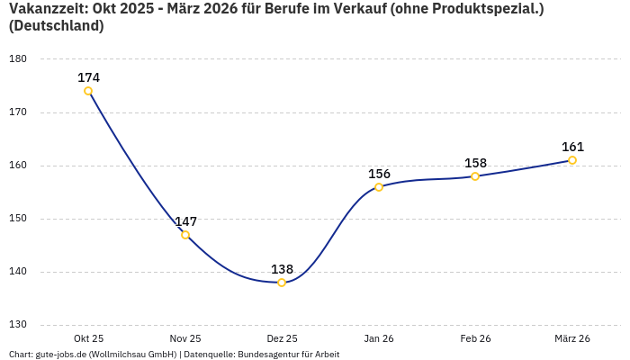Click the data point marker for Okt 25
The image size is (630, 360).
[88, 91]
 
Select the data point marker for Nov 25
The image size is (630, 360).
[185, 235]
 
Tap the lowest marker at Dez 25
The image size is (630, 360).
[282, 283]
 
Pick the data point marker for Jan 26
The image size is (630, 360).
[379, 187]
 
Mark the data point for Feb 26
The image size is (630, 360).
[475, 176]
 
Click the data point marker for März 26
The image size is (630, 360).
[572, 160]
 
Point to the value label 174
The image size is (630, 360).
[88, 77]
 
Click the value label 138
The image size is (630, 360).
[282, 269]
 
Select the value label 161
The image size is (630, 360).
[572, 147]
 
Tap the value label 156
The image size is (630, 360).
[379, 174]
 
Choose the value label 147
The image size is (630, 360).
[185, 221]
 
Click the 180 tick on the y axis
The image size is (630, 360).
[18, 59]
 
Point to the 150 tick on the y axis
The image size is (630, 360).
[18, 219]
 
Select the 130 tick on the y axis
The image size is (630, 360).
[18, 325]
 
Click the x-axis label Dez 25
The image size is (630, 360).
[282, 338]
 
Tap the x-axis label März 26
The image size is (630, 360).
[572, 338]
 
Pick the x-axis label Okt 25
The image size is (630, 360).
[88, 338]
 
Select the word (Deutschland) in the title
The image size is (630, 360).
[56, 26]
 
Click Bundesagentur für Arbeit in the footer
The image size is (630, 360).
[288, 355]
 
